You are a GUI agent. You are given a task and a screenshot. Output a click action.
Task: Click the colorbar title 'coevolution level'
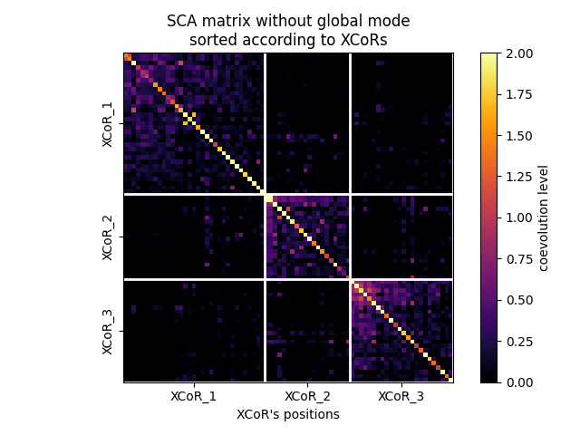pyautogui.click(x=544, y=217)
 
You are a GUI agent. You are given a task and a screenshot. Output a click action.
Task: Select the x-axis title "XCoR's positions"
pyautogui.click(x=288, y=415)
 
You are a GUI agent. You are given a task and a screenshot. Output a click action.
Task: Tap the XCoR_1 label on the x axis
pyautogui.click(x=193, y=397)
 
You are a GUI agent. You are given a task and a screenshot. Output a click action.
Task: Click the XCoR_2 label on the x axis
pyautogui.click(x=307, y=397)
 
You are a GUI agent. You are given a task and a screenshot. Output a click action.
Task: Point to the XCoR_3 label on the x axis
pyautogui.click(x=401, y=397)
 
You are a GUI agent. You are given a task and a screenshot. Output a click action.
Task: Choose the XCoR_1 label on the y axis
pyautogui.click(x=108, y=123)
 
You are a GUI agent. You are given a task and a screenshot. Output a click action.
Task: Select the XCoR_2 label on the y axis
pyautogui.click(x=108, y=237)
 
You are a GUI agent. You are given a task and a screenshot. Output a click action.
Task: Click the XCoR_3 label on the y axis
pyautogui.click(x=108, y=331)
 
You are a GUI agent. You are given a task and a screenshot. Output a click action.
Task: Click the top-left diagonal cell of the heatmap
pyautogui.click(x=127, y=56)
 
